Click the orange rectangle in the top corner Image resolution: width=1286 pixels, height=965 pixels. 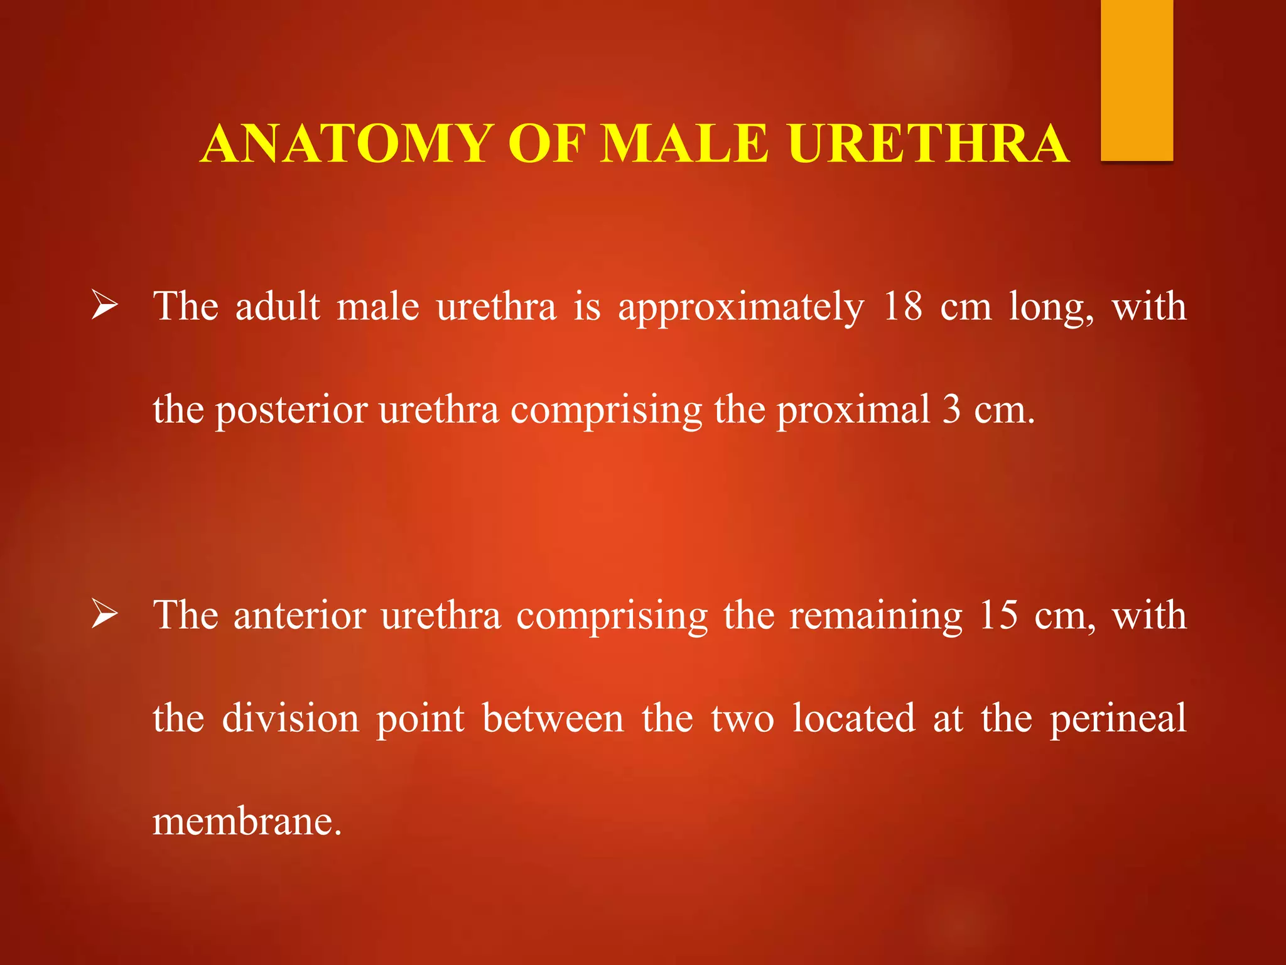[1137, 80]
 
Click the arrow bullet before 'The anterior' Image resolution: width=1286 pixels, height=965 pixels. [104, 614]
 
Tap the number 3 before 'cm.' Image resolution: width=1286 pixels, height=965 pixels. [952, 410]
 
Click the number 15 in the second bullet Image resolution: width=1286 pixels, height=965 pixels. [998, 615]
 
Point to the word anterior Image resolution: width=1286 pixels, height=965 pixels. [300, 615]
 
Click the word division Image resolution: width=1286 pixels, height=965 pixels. [290, 718]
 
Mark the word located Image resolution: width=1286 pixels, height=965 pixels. [853, 718]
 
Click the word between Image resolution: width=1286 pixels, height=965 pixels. [553, 718]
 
